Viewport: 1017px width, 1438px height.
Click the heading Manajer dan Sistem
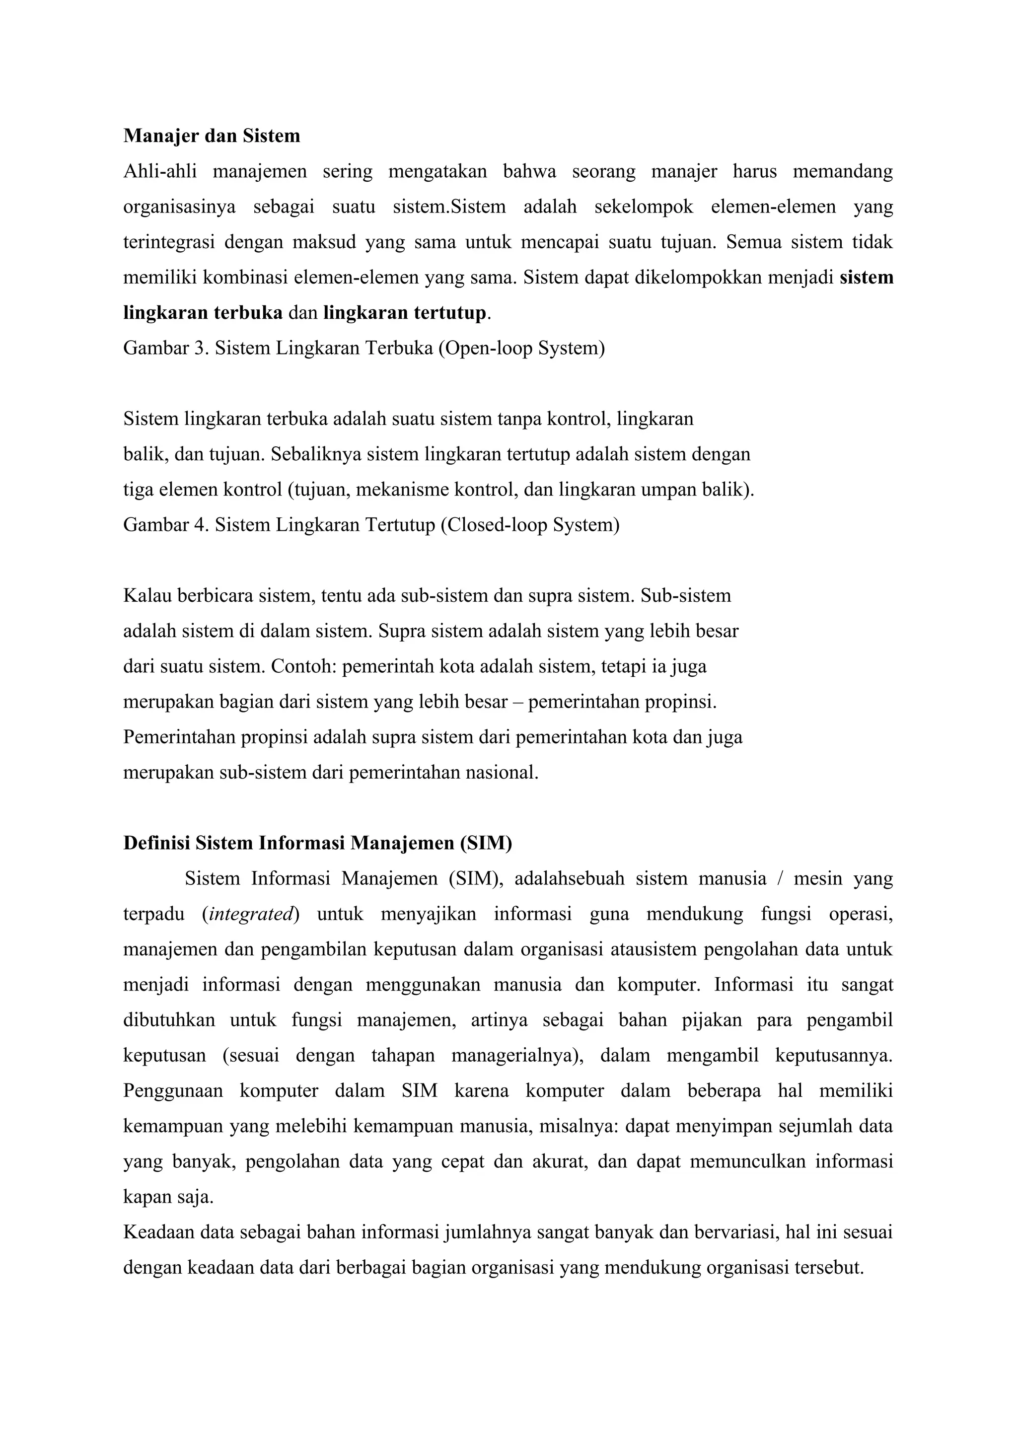point(212,136)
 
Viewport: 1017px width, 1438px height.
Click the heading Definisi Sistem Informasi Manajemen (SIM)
point(317,843)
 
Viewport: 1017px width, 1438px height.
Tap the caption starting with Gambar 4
point(371,525)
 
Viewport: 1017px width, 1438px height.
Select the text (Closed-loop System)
point(530,525)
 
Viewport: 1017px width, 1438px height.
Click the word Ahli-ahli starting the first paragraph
point(160,171)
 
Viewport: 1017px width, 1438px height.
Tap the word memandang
point(842,171)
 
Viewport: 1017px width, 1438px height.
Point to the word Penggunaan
point(173,1090)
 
